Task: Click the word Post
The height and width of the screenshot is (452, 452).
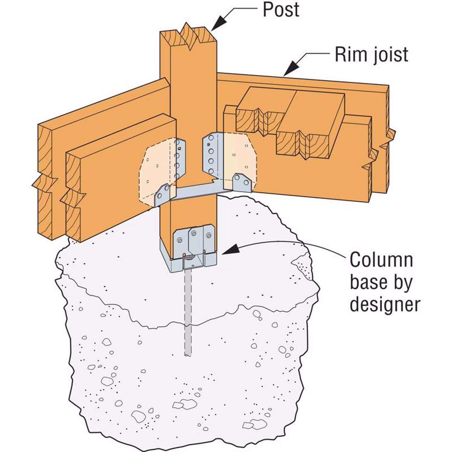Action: pyautogui.click(x=281, y=10)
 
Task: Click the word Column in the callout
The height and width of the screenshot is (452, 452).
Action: pyautogui.click(x=381, y=261)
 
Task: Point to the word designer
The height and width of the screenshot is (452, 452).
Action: pyautogui.click(x=385, y=305)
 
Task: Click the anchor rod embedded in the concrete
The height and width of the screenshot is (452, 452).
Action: pyautogui.click(x=188, y=313)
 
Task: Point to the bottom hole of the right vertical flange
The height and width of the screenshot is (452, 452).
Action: pyautogui.click(x=211, y=171)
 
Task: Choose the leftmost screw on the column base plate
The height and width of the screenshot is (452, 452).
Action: pyautogui.click(x=180, y=240)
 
